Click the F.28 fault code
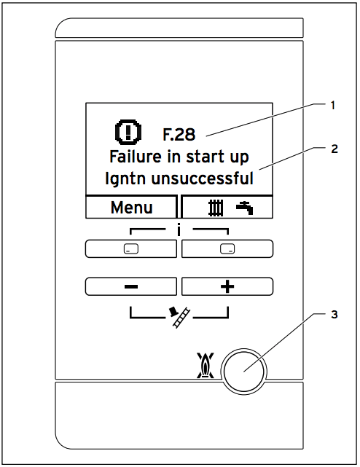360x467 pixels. (x=179, y=135)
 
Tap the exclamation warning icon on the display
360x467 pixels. (x=128, y=130)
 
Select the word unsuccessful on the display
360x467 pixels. (x=203, y=178)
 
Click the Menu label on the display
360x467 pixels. (x=131, y=208)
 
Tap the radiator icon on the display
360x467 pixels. (x=216, y=208)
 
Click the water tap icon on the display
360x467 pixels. (x=245, y=208)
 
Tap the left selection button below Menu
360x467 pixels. (x=131, y=248)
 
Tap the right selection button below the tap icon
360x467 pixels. (x=227, y=248)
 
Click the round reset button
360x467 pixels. (x=244, y=372)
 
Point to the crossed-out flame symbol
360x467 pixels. (x=206, y=366)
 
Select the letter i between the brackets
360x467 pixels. (x=179, y=229)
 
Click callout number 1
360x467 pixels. (x=333, y=106)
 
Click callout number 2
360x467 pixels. (x=334, y=149)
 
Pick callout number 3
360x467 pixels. (x=334, y=315)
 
